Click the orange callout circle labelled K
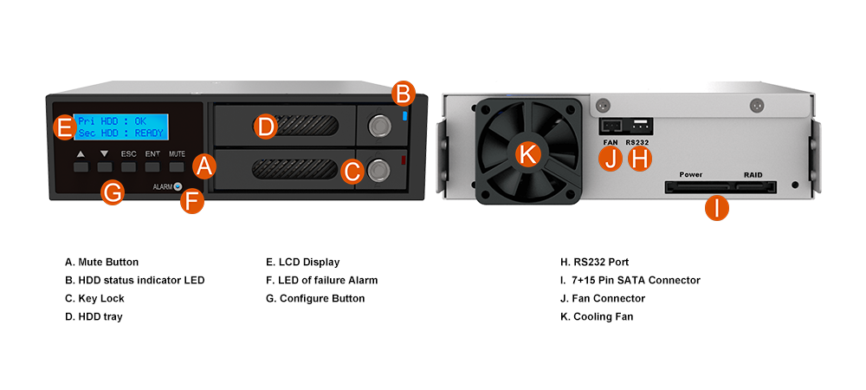click(x=528, y=154)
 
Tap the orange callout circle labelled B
click(x=404, y=94)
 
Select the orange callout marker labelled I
click(x=716, y=209)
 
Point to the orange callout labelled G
click(x=113, y=192)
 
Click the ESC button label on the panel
click(x=129, y=154)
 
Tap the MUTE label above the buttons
click(x=177, y=154)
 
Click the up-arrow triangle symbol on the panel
click(x=81, y=154)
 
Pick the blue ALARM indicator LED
click(x=178, y=186)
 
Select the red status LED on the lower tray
click(x=404, y=160)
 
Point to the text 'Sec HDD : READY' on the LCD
click(x=121, y=133)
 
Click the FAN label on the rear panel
click(x=611, y=142)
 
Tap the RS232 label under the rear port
click(x=637, y=142)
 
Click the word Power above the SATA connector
click(x=690, y=174)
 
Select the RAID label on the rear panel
click(x=753, y=174)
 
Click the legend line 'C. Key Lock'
click(x=94, y=298)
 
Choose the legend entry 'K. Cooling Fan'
click(x=597, y=316)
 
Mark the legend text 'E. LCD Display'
click(x=302, y=263)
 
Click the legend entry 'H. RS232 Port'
click(x=594, y=262)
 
